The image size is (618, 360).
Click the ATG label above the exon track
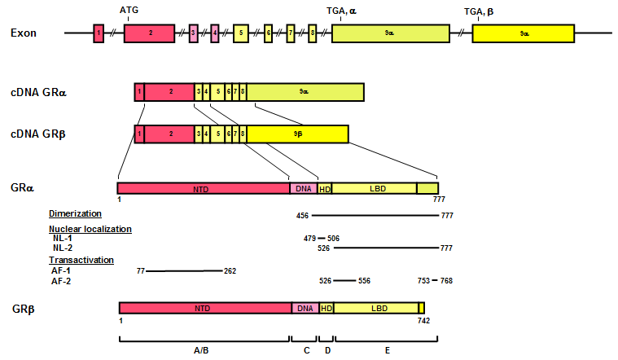[129, 11]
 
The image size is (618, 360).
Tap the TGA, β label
[479, 11]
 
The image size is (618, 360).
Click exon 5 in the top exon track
[240, 33]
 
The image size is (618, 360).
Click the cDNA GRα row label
[39, 92]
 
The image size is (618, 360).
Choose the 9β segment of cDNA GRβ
[297, 133]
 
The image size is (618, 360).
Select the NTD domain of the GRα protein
[203, 188]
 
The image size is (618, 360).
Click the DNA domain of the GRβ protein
[305, 308]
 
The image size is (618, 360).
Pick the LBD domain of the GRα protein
[378, 188]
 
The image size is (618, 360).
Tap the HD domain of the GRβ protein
[327, 308]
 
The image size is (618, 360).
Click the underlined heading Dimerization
[74, 213]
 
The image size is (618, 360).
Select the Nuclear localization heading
[90, 229]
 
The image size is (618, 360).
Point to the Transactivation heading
[81, 260]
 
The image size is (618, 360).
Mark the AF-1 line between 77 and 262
[183, 270]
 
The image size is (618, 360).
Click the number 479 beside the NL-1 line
[310, 239]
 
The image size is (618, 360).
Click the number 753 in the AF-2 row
[424, 280]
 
